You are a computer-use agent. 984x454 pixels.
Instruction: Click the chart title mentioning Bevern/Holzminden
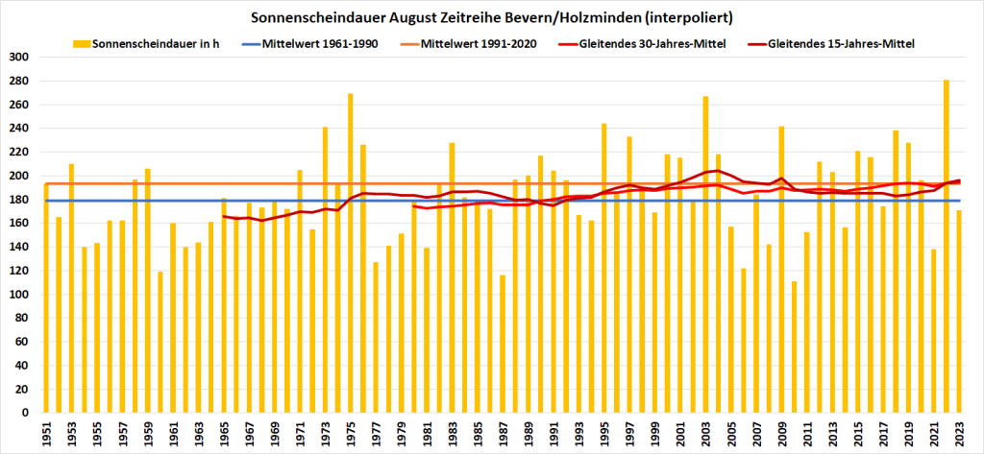click(x=491, y=17)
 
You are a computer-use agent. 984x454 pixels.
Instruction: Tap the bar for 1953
click(x=71, y=288)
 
